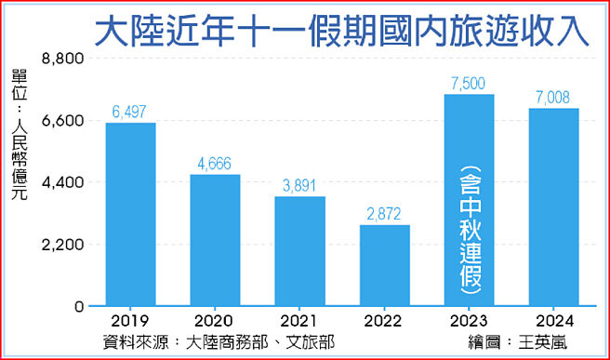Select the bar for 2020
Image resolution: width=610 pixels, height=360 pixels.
[x=215, y=240]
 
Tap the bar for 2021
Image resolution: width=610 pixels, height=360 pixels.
[x=299, y=251]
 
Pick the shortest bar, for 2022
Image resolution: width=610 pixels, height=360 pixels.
[x=384, y=265]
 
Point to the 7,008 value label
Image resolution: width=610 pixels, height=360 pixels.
[x=553, y=97]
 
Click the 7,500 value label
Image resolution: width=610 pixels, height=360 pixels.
[x=469, y=83]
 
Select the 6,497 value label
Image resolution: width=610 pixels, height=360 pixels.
[x=130, y=112]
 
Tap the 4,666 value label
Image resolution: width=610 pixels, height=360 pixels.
[x=215, y=163]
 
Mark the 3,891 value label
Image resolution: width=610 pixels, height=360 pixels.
[x=299, y=185]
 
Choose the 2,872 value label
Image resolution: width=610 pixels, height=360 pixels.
[x=384, y=214]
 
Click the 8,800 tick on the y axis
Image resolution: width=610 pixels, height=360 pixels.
[x=65, y=59]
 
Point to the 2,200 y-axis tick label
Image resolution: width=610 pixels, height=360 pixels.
[x=65, y=245]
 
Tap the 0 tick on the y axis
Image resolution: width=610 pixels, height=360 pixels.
[x=79, y=307]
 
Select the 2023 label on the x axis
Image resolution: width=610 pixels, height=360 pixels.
[x=469, y=321]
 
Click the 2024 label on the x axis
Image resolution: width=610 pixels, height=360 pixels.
[x=553, y=321]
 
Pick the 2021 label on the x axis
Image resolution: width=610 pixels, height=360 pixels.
[x=299, y=321]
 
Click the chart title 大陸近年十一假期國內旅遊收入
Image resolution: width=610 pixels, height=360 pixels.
[x=343, y=30]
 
